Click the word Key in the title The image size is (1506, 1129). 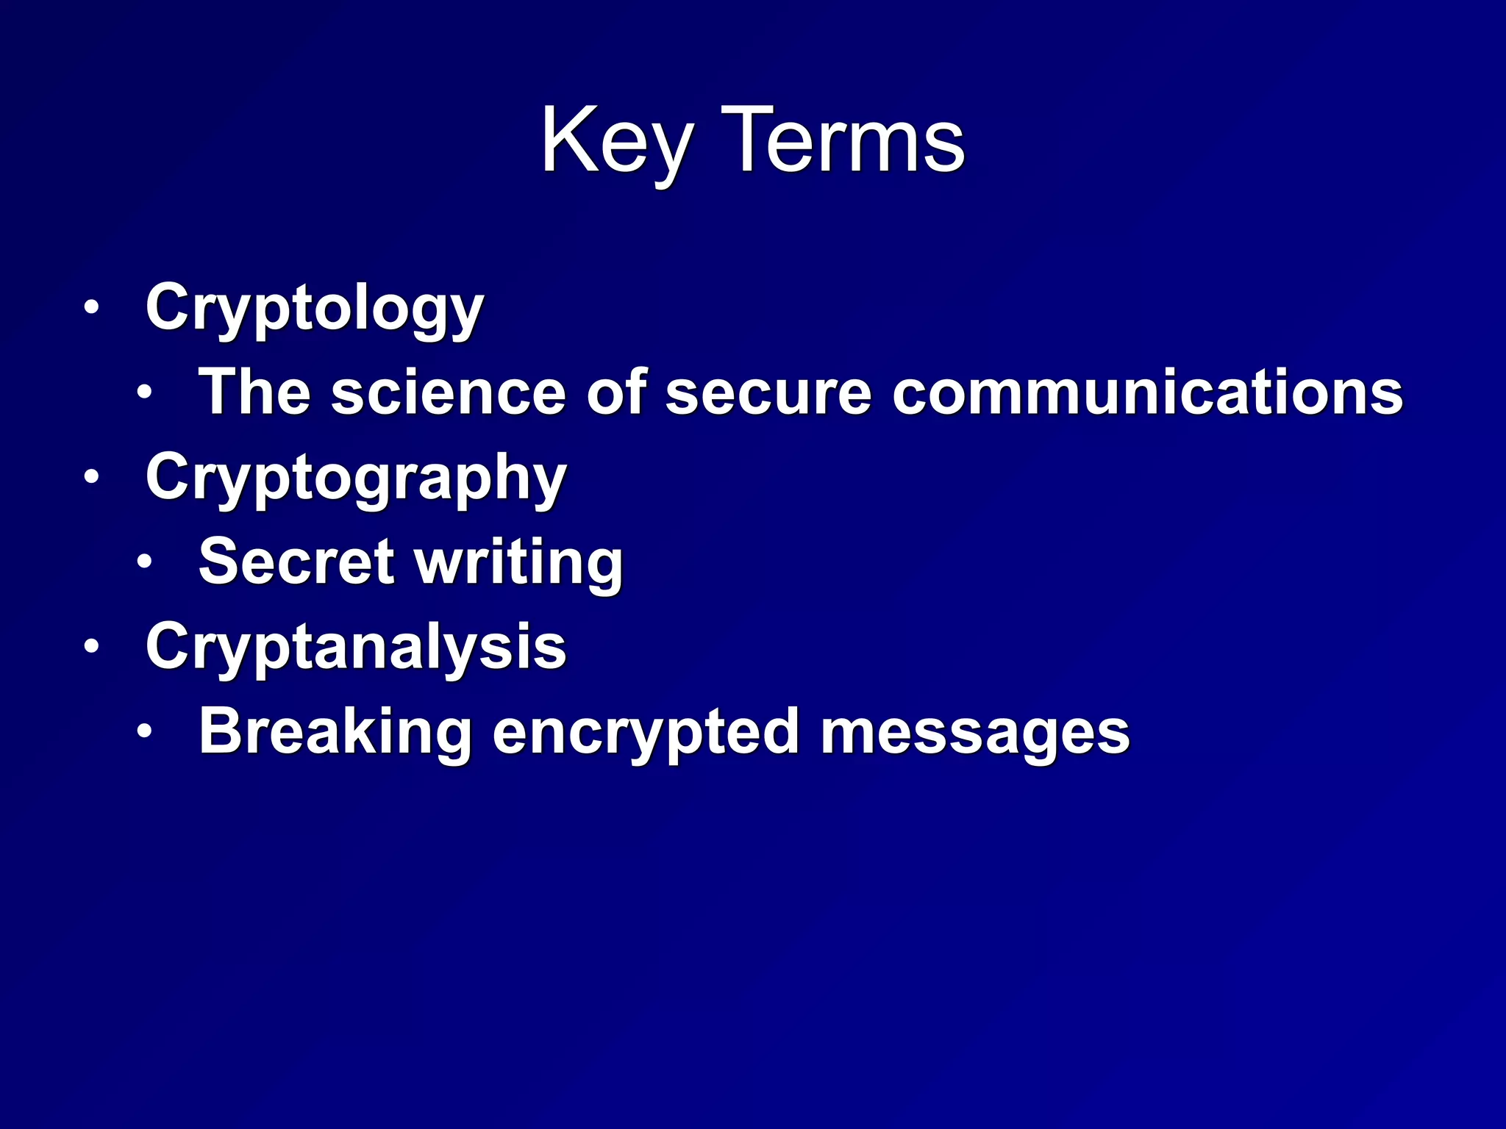(x=616, y=141)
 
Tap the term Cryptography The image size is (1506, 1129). (x=356, y=479)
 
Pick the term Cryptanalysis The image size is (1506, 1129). (x=356, y=648)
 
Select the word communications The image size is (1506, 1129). (x=1147, y=392)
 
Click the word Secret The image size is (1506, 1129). (x=296, y=562)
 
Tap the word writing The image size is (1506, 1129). (x=519, y=563)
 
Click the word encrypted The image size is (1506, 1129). (x=646, y=734)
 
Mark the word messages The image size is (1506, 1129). (x=975, y=734)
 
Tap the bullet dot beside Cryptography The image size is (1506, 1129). (x=91, y=477)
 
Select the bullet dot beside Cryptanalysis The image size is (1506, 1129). (x=91, y=647)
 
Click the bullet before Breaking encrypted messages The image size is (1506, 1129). (x=145, y=731)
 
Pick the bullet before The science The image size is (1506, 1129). (x=145, y=393)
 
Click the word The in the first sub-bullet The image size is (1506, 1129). (x=254, y=392)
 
